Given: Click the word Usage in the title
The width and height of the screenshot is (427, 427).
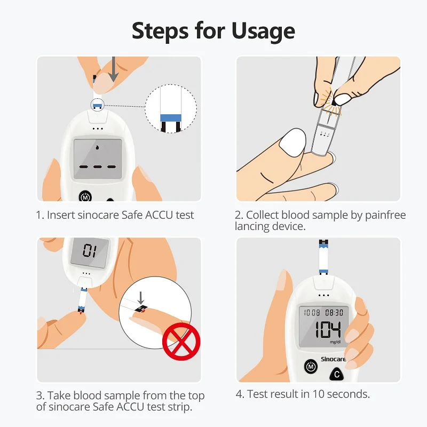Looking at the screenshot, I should [263, 31].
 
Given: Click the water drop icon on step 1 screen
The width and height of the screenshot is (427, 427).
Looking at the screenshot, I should [97, 147].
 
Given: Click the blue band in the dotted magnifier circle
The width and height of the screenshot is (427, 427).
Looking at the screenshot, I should [172, 117].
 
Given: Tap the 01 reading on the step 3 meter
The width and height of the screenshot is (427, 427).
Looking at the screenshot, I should [89, 250].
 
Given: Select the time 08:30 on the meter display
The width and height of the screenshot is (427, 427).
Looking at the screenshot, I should [334, 313].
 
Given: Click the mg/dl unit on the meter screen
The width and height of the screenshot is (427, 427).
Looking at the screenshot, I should [335, 342].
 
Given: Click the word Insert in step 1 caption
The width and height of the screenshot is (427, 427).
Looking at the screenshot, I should [60, 215].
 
